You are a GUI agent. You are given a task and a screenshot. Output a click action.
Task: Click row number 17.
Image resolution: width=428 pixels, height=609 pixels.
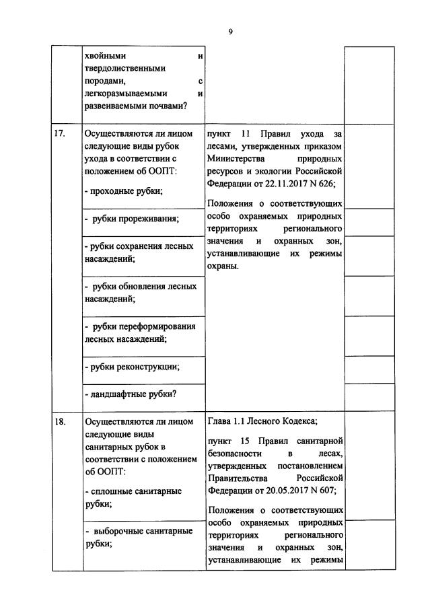coord(59,133)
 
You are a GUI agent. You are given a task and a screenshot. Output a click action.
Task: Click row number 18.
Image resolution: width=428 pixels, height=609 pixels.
coord(59,422)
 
